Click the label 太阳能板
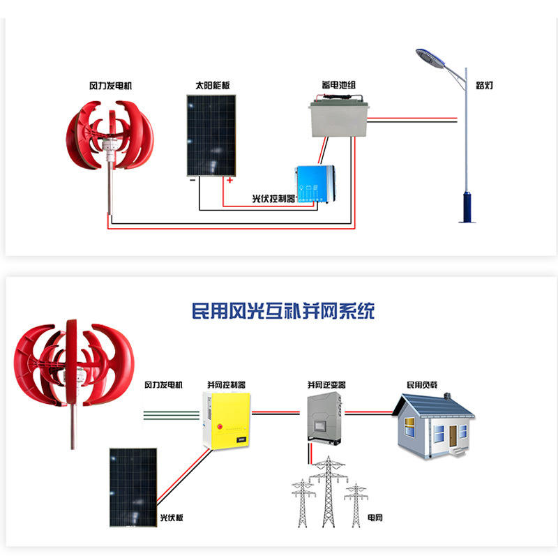coord(213,86)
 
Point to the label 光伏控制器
coord(273,199)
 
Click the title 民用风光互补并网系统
coord(282,310)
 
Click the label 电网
coord(375,518)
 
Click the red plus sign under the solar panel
coord(228,180)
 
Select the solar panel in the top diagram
coord(211,135)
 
